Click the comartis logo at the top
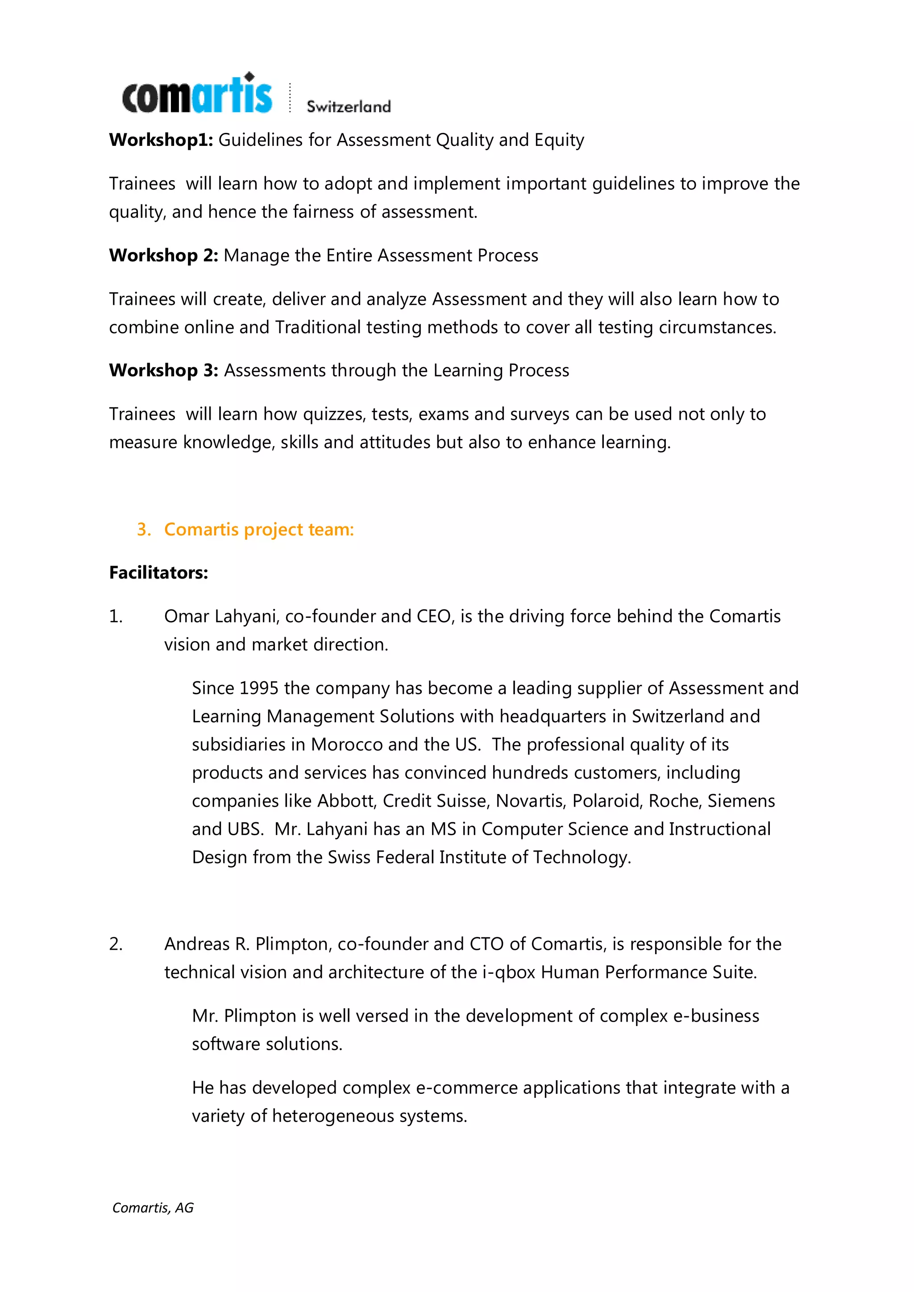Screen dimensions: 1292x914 tap(197, 95)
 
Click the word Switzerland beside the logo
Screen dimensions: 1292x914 tap(349, 106)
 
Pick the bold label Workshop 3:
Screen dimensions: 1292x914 tap(163, 370)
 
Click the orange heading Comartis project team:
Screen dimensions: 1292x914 tap(259, 530)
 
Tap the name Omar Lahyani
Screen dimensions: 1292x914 tap(220, 616)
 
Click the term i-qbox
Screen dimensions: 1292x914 tap(509, 973)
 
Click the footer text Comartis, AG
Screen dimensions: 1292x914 tap(153, 1208)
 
